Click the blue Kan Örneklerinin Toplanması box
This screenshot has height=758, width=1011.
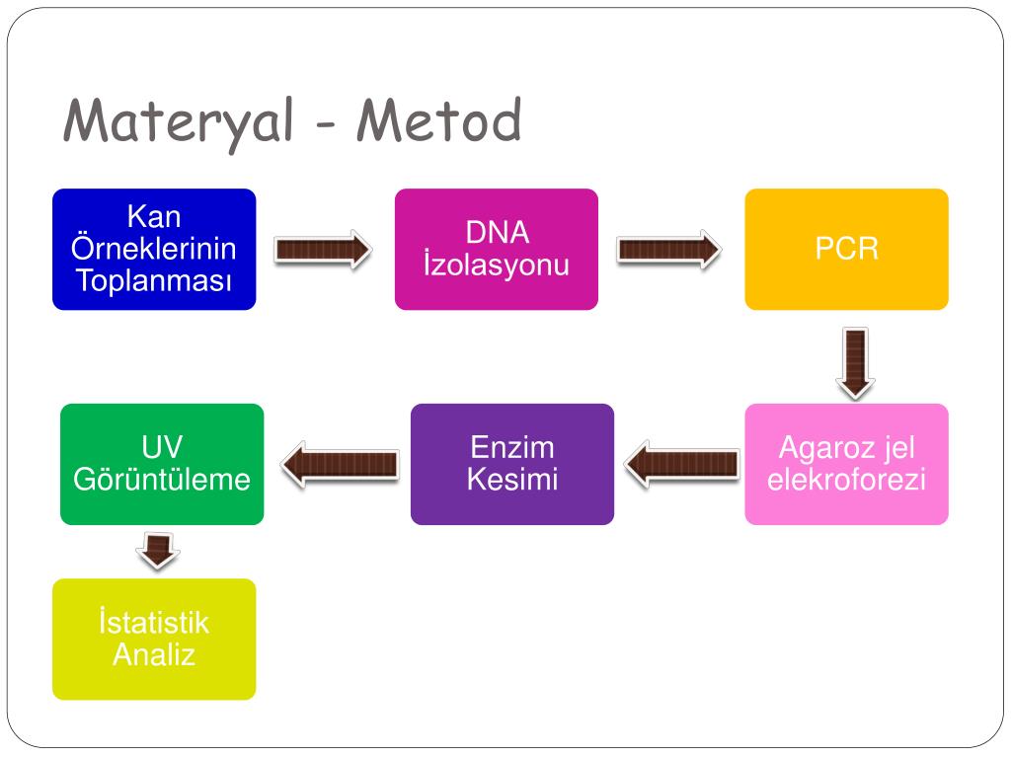tap(154, 249)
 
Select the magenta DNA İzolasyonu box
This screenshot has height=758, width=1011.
tap(497, 249)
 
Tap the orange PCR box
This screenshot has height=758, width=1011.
tap(846, 249)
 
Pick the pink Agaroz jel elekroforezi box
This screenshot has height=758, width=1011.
tap(846, 464)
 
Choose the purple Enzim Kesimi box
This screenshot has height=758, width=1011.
tap(512, 464)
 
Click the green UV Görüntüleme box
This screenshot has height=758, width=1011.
tap(162, 464)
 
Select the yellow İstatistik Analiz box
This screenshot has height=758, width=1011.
tap(154, 639)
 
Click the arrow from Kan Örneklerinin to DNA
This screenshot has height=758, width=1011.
tap(322, 250)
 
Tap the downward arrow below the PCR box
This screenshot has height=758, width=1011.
tap(855, 362)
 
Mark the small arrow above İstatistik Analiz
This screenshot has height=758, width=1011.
tap(158, 550)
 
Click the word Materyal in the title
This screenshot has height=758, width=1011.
tap(179, 122)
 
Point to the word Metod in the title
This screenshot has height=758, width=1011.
tap(439, 122)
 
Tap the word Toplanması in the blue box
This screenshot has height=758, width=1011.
tap(154, 281)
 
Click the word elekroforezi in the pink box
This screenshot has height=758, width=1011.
tap(846, 481)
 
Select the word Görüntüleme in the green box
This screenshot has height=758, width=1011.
tap(162, 481)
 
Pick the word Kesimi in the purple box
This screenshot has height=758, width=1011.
tap(512, 481)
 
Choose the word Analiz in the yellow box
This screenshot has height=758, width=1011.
tap(154, 654)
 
